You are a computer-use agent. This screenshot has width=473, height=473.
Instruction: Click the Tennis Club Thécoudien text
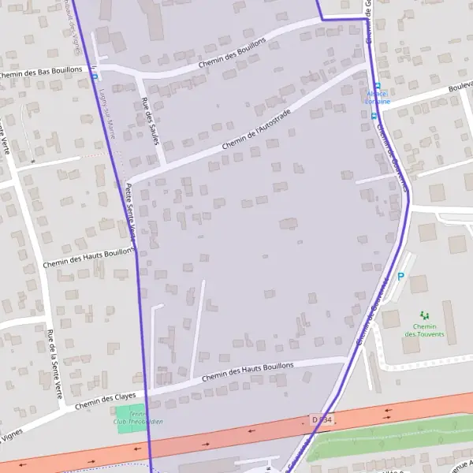click(x=138, y=422)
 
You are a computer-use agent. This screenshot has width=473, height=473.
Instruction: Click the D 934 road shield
click(x=322, y=419)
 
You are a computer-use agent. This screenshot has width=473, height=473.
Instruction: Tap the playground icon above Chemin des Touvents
click(x=424, y=315)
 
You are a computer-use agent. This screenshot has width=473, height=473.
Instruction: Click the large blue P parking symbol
click(x=400, y=277)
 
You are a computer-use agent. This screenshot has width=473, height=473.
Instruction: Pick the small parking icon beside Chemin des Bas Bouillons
click(x=95, y=76)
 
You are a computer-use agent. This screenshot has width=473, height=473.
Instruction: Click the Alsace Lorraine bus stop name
click(x=376, y=97)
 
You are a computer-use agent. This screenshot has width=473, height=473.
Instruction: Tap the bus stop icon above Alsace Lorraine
click(x=377, y=85)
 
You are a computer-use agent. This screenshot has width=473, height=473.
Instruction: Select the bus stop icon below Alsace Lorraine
click(x=374, y=115)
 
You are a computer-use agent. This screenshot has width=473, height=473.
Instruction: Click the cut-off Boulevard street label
click(x=457, y=88)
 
